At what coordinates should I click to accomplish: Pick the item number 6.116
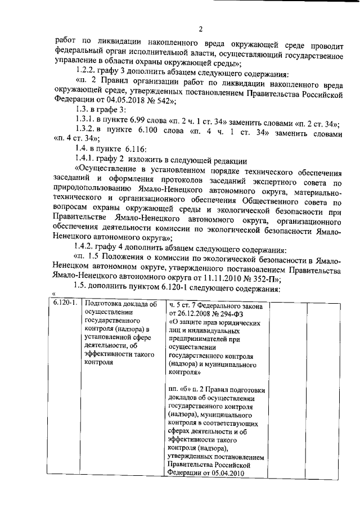(132, 149)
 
